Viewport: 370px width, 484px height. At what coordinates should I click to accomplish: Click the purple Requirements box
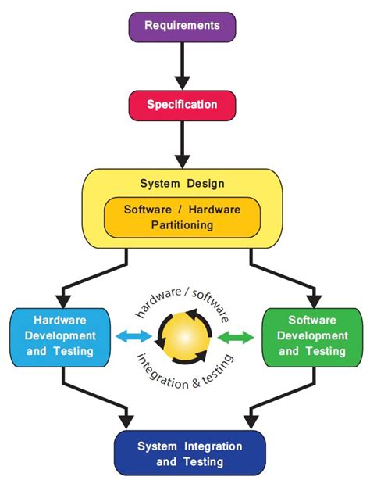click(x=181, y=26)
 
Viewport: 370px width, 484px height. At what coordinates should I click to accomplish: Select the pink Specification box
click(x=181, y=104)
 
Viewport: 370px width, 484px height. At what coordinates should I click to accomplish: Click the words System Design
click(x=182, y=185)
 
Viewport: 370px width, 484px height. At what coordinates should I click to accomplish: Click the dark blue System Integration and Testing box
click(x=190, y=454)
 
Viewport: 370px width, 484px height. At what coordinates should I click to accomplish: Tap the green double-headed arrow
click(x=235, y=337)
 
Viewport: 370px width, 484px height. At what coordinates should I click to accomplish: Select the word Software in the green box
click(x=311, y=320)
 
